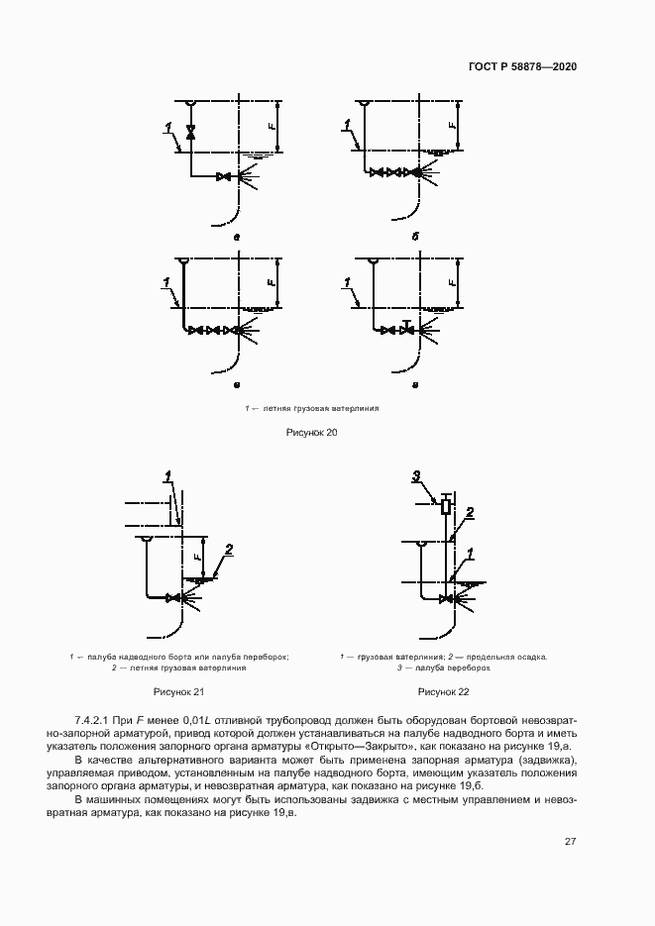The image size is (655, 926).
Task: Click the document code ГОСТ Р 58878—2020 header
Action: tap(521, 66)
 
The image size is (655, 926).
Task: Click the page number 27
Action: tap(571, 842)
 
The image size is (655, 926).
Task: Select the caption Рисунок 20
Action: tap(311, 432)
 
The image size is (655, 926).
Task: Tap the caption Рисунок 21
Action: tap(179, 691)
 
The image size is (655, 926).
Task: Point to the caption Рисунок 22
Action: tap(443, 691)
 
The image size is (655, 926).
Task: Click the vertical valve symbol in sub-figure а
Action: tap(190, 132)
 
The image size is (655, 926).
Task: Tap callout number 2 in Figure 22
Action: tap(470, 512)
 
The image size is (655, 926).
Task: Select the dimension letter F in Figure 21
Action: tap(197, 557)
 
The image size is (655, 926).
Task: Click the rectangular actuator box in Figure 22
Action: tap(446, 507)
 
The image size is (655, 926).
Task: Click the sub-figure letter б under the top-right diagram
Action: tap(416, 238)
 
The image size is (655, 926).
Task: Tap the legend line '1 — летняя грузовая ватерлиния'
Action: tap(312, 407)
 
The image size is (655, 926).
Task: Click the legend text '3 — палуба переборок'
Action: tap(443, 669)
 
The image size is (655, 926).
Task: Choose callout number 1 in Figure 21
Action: tap(169, 476)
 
